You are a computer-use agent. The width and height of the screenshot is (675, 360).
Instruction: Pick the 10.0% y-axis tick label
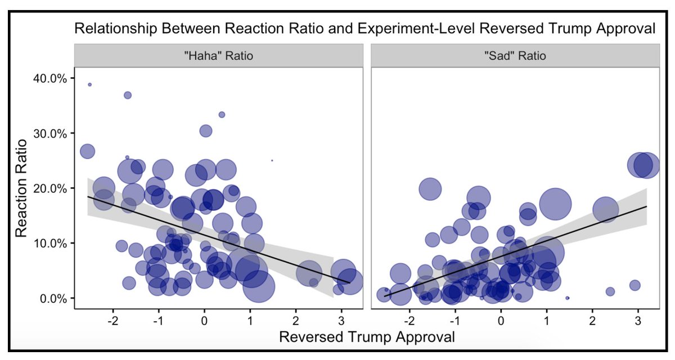pyautogui.click(x=51, y=243)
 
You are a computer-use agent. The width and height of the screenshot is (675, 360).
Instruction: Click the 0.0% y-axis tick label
pyautogui.click(x=53, y=298)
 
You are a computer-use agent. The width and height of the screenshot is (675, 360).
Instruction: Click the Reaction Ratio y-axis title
pyautogui.click(x=21, y=188)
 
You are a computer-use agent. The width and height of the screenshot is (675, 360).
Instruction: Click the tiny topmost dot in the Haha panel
pyautogui.click(x=89, y=84)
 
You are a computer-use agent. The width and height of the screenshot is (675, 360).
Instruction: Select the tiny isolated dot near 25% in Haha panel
pyautogui.click(x=272, y=160)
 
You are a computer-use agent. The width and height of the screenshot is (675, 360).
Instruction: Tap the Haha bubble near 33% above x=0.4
pyautogui.click(x=222, y=115)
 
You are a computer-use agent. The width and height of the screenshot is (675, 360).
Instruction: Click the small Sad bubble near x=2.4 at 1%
pyautogui.click(x=610, y=291)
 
